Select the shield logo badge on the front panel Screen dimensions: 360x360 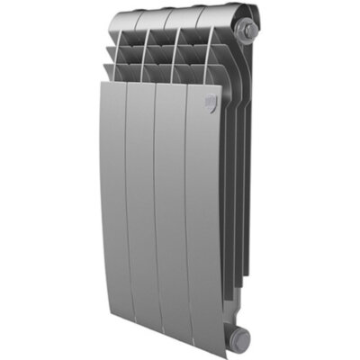[208, 102]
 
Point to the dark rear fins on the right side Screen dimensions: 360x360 [236, 180]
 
